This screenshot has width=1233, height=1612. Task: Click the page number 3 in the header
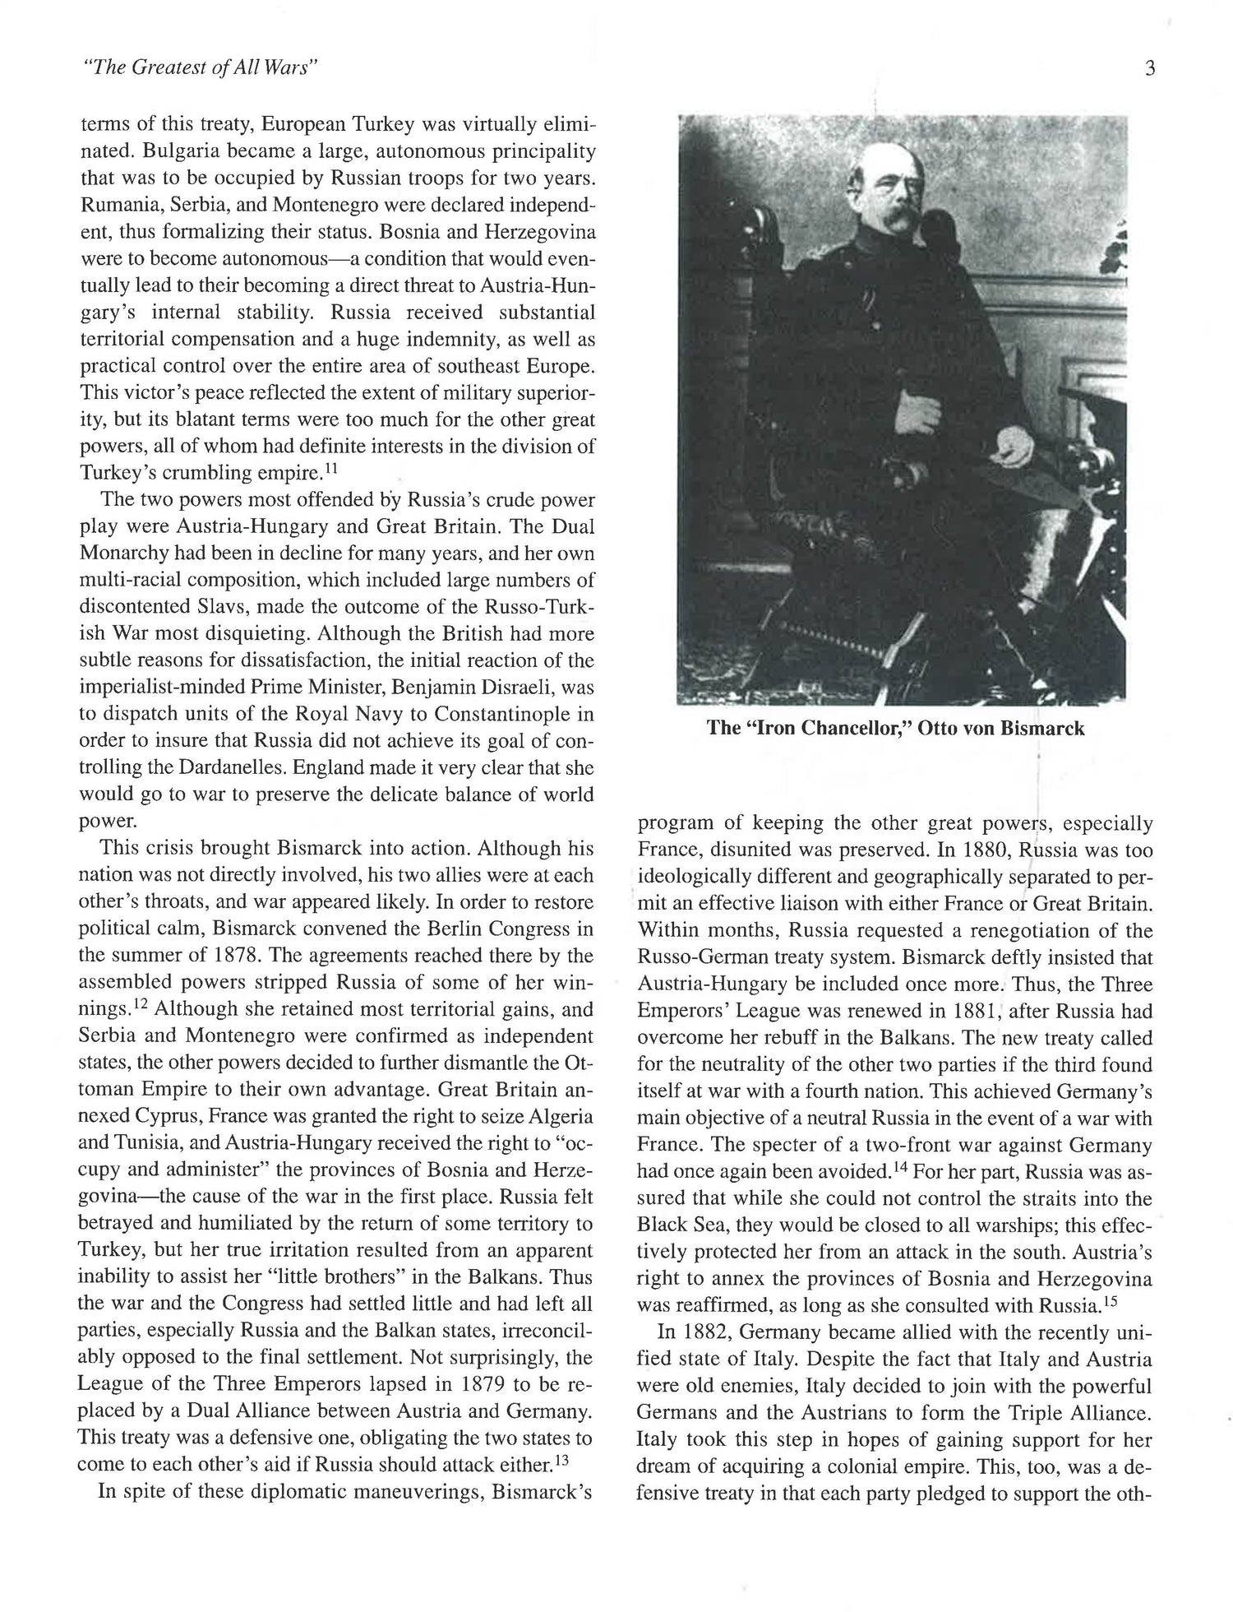[1149, 69]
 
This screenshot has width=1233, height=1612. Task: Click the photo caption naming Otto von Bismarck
[894, 729]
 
